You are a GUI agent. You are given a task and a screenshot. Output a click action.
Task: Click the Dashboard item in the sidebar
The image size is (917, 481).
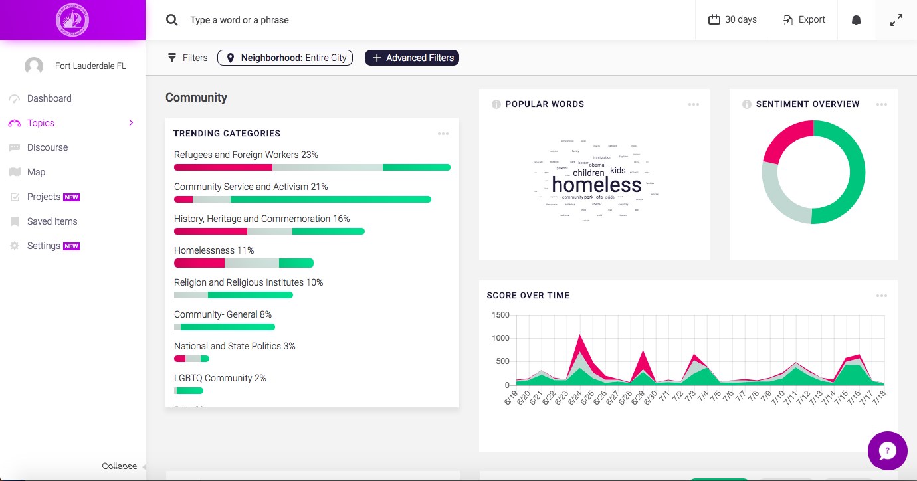point(49,98)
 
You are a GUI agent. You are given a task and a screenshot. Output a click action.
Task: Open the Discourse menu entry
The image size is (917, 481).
point(47,147)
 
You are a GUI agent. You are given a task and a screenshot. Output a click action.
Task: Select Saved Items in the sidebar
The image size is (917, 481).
point(52,221)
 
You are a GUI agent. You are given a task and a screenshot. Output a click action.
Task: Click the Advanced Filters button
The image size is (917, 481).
point(412,58)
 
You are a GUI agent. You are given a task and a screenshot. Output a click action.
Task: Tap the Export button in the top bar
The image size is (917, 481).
point(804,20)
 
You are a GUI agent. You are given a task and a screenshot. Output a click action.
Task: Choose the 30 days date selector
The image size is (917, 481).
point(732,20)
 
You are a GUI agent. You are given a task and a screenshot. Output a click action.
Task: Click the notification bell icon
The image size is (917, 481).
point(857,20)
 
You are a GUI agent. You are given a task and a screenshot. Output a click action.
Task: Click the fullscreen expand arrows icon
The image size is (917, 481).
point(896,20)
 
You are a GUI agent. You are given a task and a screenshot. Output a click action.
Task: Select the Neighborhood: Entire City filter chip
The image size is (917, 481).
point(285,58)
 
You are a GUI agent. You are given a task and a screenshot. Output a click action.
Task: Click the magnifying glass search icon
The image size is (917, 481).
point(172,20)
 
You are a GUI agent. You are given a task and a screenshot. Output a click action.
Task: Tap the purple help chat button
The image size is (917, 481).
point(887,451)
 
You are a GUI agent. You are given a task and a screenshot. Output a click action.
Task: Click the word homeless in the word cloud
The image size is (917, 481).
point(596,185)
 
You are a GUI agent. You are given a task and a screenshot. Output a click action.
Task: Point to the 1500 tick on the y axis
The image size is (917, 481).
point(500,315)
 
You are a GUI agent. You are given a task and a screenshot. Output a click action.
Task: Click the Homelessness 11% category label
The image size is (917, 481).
point(214,250)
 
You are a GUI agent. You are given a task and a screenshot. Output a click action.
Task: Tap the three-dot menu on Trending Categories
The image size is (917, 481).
point(443,134)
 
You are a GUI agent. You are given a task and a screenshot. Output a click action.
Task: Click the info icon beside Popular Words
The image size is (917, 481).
point(496,104)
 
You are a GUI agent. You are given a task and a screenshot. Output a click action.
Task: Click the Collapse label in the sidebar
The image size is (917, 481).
point(120,466)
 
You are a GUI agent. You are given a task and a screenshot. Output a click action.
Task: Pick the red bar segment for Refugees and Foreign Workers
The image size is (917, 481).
point(223,167)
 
